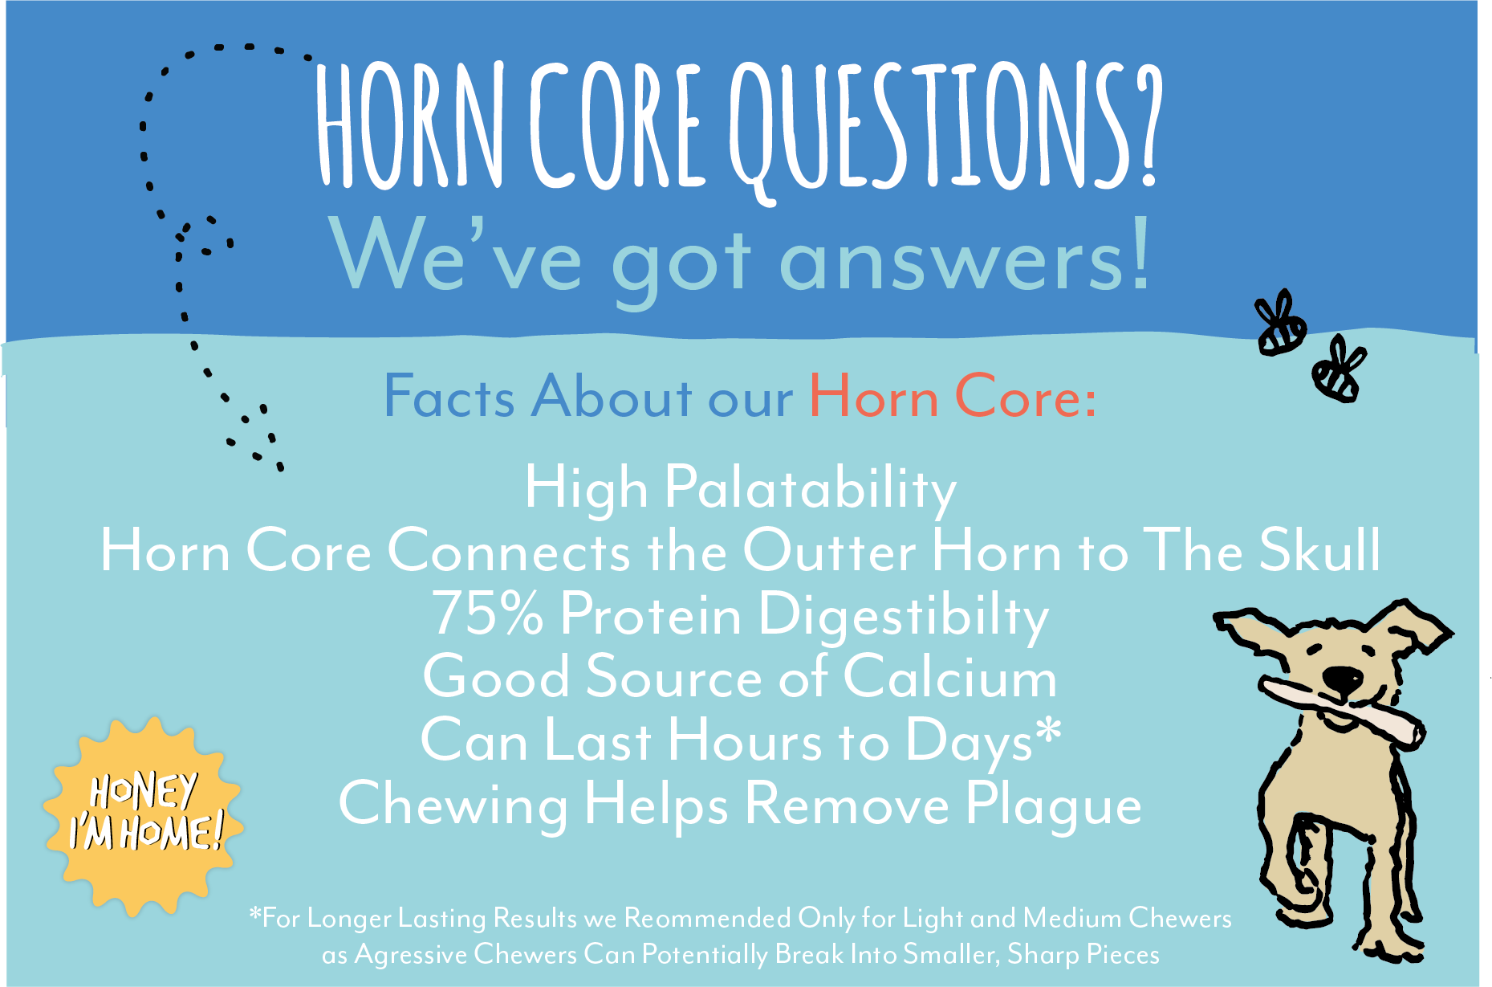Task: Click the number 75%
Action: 488,614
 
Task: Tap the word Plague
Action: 1053,806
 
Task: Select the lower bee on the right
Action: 1338,369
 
